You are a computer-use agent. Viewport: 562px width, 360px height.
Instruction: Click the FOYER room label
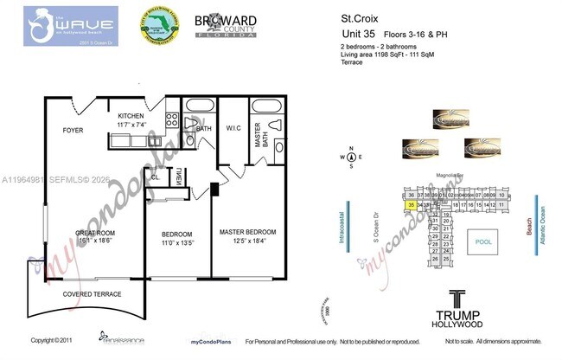[72, 131]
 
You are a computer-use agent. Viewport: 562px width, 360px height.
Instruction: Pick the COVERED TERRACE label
[90, 294]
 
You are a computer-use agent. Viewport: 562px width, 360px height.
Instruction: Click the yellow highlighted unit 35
[410, 205]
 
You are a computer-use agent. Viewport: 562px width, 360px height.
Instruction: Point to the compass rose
[352, 158]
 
